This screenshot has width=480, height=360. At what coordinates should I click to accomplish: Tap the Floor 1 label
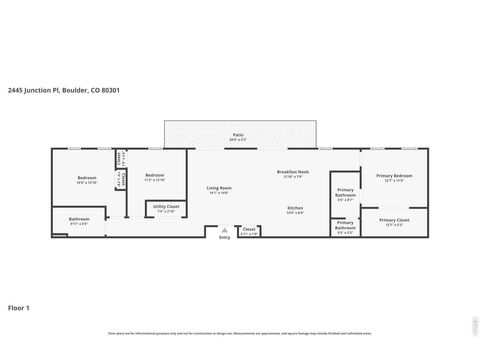[x=19, y=306]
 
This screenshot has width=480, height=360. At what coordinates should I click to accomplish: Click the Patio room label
[x=238, y=133]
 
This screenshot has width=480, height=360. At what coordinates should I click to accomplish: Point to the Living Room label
[x=219, y=187]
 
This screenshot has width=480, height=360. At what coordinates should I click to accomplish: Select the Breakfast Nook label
[x=293, y=171]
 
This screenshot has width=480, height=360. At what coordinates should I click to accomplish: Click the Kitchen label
[x=295, y=207]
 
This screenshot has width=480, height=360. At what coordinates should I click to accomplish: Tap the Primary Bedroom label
[x=393, y=175]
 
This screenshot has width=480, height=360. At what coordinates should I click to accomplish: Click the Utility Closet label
[x=165, y=207]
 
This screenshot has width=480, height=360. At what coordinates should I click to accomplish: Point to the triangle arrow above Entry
[x=223, y=230]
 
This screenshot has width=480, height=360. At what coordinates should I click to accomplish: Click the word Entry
[x=223, y=237]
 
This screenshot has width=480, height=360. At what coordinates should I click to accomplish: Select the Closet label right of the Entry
[x=249, y=229]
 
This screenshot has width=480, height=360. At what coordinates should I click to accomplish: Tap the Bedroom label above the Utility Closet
[x=154, y=175]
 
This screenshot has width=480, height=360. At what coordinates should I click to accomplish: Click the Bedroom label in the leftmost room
[x=86, y=178]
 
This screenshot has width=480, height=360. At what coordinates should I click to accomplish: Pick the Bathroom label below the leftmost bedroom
[x=79, y=219]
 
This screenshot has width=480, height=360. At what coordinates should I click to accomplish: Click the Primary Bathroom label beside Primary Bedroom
[x=345, y=191]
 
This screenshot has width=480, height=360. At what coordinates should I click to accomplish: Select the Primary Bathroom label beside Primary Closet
[x=345, y=224]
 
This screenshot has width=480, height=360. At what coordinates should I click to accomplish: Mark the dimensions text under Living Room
[x=219, y=192]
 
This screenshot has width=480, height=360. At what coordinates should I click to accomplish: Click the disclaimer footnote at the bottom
[x=239, y=333]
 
